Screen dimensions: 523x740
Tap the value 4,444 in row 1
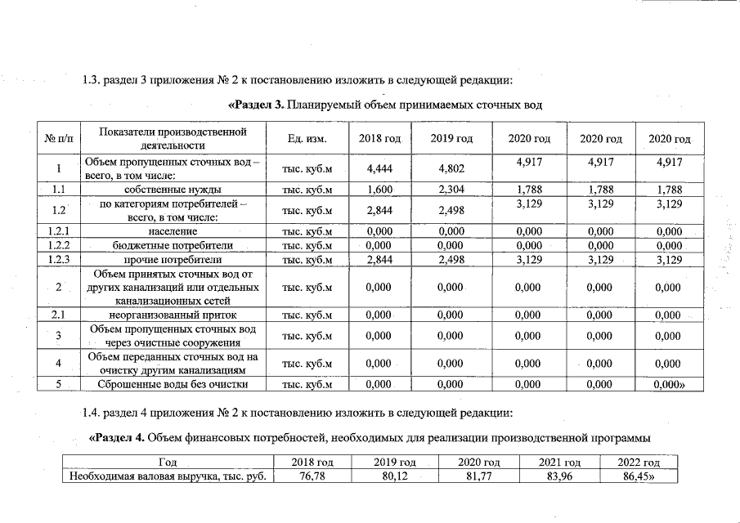point(379,169)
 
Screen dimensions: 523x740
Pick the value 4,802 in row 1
point(452,169)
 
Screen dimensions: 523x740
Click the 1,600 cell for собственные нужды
point(379,190)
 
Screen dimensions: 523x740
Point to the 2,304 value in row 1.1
point(452,190)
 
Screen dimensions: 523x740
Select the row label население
point(173,231)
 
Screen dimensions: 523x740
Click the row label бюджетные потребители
point(173,245)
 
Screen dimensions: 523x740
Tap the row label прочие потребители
point(173,260)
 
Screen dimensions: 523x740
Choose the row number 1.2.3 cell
point(59,260)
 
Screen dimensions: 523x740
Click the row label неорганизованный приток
point(173,315)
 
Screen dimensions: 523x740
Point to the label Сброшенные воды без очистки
point(173,384)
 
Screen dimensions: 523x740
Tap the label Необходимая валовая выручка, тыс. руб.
point(169,476)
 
